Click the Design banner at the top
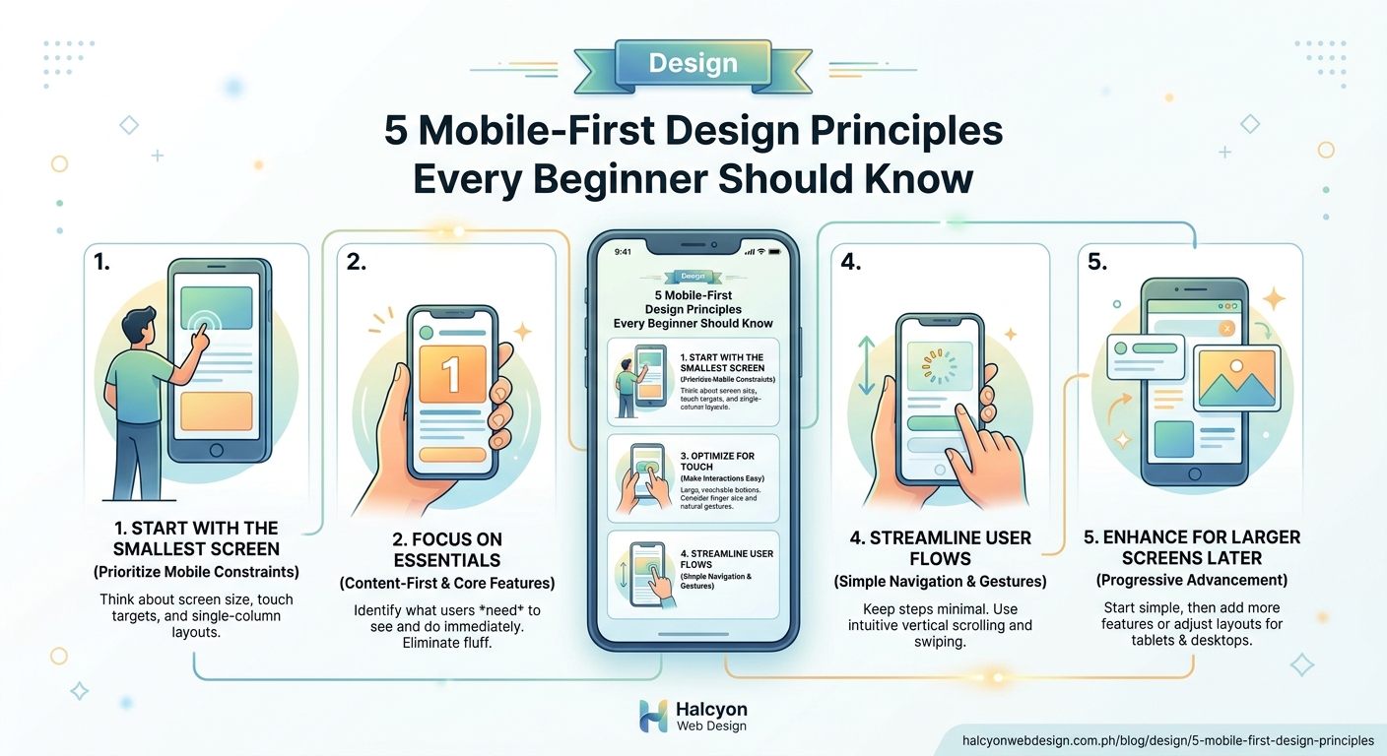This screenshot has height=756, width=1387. point(693,63)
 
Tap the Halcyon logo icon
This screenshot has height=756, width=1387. point(653,716)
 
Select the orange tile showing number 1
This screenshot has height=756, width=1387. point(452,373)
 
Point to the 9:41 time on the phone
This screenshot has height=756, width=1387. point(623,252)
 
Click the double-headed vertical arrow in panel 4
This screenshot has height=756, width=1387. point(867,365)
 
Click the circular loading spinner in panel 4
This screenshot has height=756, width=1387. point(937,367)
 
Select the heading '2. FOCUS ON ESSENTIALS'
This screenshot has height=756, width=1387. point(447,549)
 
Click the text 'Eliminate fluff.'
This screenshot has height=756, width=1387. point(447,642)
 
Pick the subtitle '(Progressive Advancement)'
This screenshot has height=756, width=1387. point(1192,579)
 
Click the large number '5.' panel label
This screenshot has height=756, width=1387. point(1096,262)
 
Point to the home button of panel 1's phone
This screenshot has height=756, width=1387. point(218,450)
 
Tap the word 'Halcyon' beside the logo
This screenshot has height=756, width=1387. point(711,709)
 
